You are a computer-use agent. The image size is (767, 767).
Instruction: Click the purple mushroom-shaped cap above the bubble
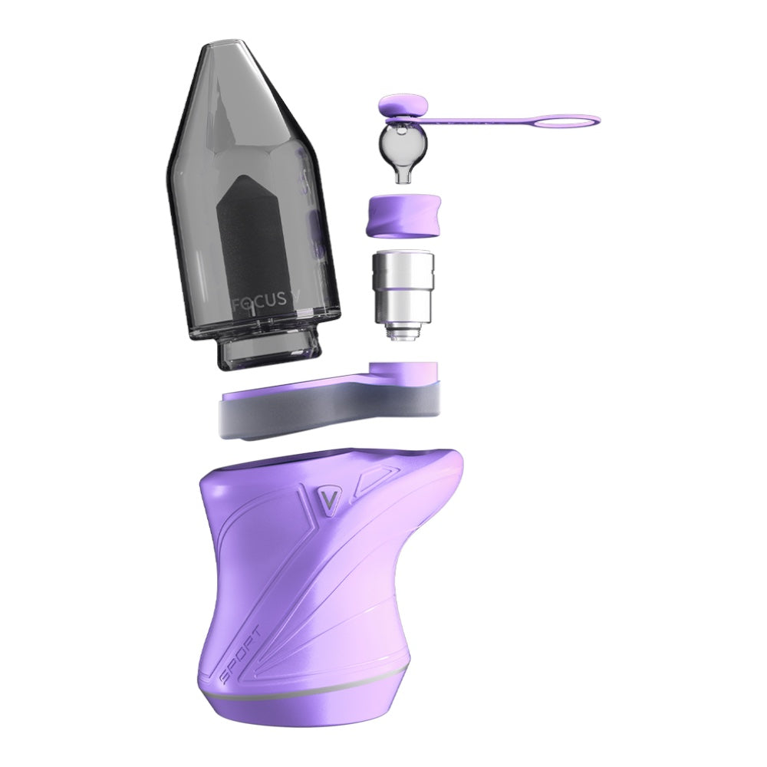pyautogui.click(x=404, y=107)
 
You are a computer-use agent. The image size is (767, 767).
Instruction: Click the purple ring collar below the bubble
pyautogui.click(x=404, y=217)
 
